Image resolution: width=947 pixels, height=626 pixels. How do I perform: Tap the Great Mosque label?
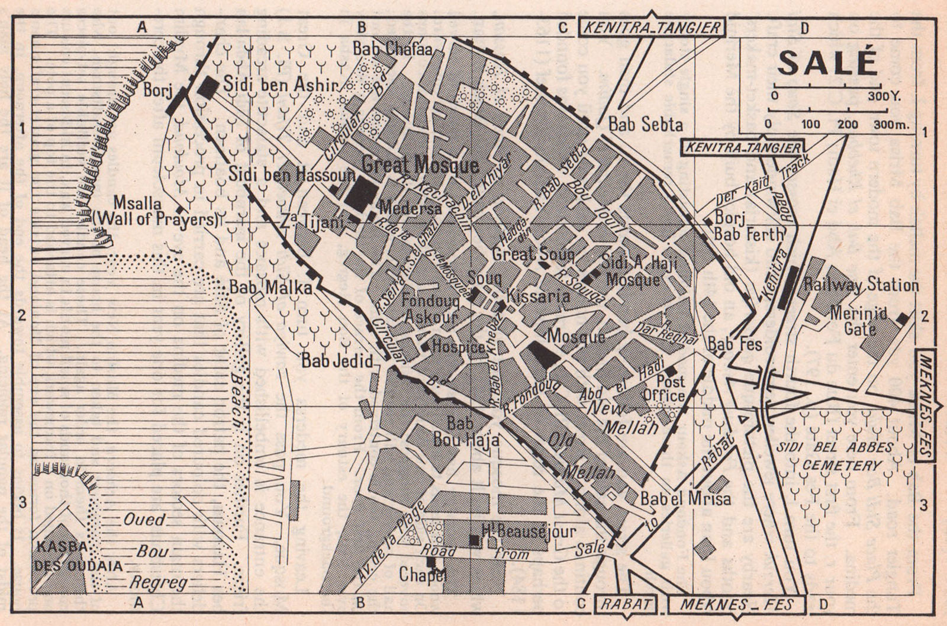tap(420, 164)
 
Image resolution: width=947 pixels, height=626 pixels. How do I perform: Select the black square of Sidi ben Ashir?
tap(208, 88)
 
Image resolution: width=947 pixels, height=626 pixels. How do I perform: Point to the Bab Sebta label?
tap(646, 125)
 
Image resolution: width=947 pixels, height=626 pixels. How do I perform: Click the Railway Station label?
tap(861, 285)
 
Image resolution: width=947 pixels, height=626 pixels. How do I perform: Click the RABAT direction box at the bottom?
tap(628, 604)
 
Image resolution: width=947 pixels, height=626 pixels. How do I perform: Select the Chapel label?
tap(421, 574)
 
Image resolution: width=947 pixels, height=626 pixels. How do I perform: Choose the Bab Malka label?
tap(270, 288)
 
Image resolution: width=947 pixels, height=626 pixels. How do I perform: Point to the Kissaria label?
tap(537, 295)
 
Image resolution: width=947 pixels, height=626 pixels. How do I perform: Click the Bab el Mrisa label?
tap(685, 499)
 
